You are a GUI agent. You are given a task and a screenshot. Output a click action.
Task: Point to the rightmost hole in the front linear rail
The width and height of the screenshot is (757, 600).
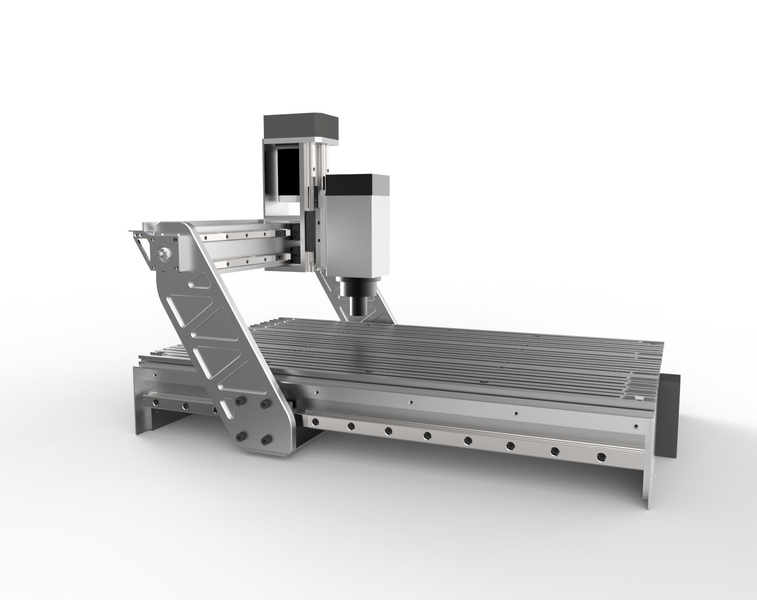click(601, 457)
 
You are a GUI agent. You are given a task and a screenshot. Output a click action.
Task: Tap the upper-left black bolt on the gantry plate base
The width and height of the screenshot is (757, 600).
click(239, 400)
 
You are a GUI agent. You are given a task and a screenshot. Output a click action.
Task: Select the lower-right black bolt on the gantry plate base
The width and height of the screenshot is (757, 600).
click(265, 440)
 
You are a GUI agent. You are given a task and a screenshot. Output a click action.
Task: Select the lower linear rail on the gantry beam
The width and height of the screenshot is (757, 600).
click(246, 258)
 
